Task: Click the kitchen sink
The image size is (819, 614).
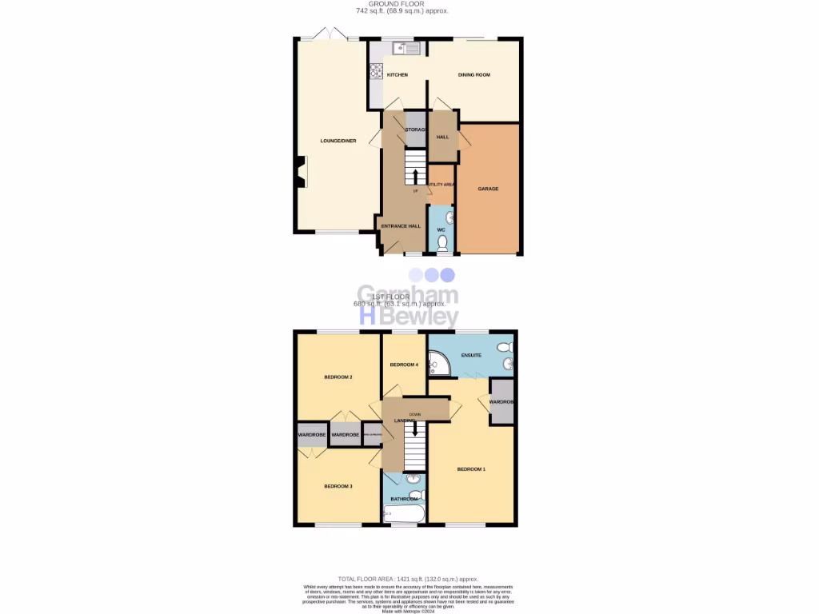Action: click(x=406, y=49)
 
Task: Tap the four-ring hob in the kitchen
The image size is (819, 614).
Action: click(x=376, y=71)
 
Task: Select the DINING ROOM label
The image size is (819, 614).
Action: click(x=473, y=75)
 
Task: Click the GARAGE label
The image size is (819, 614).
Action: click(x=488, y=189)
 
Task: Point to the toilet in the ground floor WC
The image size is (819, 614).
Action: click(x=441, y=242)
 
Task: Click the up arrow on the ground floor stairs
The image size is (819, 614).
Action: click(x=415, y=174)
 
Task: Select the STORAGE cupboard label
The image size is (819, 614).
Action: click(x=415, y=130)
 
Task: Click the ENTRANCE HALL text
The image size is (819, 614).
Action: click(x=401, y=226)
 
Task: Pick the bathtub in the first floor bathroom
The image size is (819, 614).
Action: click(x=405, y=513)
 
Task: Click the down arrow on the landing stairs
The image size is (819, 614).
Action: click(x=414, y=429)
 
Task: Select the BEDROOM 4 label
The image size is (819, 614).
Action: click(x=404, y=365)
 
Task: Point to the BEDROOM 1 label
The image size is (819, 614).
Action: click(x=471, y=469)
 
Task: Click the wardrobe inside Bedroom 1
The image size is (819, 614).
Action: click(x=501, y=402)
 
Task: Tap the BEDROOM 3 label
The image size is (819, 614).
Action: click(x=338, y=486)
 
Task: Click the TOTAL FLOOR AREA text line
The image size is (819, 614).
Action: click(x=408, y=579)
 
